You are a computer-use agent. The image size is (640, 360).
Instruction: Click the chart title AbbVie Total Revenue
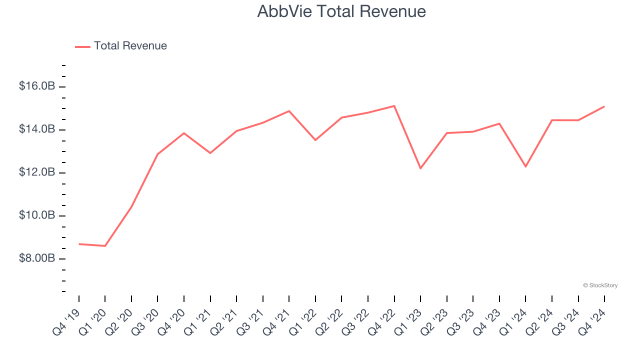(341, 11)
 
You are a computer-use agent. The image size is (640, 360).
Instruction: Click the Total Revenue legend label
(130, 46)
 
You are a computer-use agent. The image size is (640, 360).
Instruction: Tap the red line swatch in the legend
(82, 46)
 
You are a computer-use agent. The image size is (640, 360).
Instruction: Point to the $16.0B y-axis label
(37, 86)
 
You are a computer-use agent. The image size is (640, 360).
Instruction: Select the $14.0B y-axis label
(37, 129)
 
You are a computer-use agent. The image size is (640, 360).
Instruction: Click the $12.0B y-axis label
(37, 172)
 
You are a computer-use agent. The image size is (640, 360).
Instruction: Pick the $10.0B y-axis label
(37, 215)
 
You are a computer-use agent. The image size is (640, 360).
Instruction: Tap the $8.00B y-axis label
(37, 258)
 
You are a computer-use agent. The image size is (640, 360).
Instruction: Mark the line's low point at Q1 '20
(105, 246)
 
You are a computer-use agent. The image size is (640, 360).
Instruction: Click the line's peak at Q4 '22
(394, 106)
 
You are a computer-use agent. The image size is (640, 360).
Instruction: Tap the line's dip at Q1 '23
(420, 168)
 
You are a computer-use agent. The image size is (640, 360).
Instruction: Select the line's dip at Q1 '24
(525, 166)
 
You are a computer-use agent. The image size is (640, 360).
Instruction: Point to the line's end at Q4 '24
(604, 106)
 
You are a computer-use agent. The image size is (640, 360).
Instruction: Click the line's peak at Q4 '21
(289, 111)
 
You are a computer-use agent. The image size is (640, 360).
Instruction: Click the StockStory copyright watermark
(600, 285)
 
